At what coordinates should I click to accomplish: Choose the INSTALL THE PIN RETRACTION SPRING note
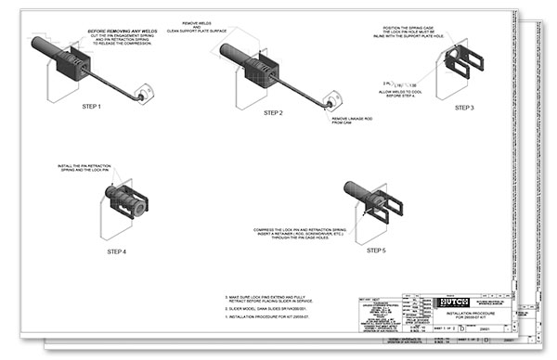88,168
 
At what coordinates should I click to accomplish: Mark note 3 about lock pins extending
271,301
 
